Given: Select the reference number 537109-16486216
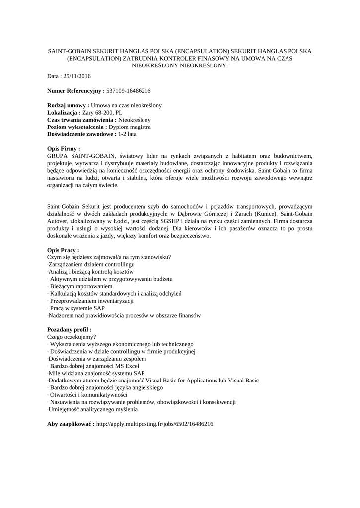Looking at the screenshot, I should click(129, 91).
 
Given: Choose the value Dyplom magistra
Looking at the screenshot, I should click(130, 127).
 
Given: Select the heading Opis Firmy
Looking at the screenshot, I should click(64, 148).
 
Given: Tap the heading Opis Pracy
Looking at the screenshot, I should click(63, 250).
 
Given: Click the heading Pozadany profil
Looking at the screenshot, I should click(69, 329).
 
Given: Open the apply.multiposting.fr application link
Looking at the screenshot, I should click(154, 424).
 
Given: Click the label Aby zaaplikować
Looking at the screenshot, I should click(71, 424).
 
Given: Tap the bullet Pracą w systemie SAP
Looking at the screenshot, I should click(77, 308).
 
